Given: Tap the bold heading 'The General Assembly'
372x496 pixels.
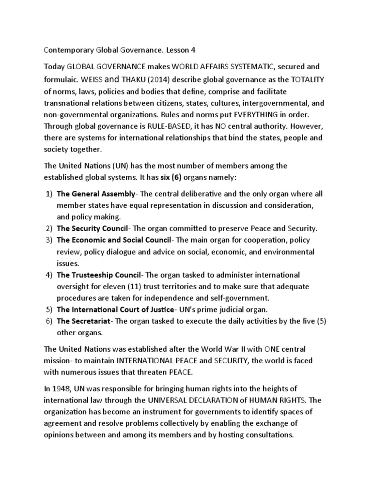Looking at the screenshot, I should pos(96,194).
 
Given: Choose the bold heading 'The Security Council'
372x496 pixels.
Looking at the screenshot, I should pos(92,228).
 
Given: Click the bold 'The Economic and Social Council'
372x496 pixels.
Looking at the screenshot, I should pos(114,240).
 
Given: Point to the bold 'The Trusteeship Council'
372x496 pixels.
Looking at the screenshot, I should pos(99,275).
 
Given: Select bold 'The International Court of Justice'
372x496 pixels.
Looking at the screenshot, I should pos(115,310).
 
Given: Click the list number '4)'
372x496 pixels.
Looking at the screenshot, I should pos(49,275).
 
